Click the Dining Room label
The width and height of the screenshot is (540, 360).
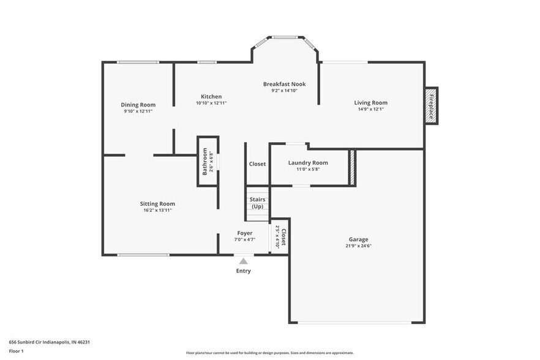click(x=138, y=105)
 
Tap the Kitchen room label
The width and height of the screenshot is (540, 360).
click(x=211, y=97)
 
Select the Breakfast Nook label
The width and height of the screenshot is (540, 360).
click(x=284, y=84)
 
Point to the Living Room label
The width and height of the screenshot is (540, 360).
click(x=370, y=103)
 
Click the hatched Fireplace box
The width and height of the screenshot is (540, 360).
click(x=431, y=106)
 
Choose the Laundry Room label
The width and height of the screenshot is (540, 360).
click(x=308, y=163)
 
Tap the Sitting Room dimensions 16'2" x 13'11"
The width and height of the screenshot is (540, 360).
click(x=157, y=210)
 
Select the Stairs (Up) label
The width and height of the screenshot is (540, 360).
click(x=257, y=203)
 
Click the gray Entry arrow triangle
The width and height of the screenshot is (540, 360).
click(x=243, y=261)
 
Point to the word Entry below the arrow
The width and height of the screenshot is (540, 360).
click(x=243, y=271)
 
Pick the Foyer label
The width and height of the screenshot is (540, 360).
click(x=245, y=233)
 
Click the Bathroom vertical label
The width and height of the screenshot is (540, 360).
click(x=205, y=162)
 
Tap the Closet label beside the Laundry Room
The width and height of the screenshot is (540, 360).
click(x=257, y=164)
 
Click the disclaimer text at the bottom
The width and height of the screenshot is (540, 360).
click(x=269, y=353)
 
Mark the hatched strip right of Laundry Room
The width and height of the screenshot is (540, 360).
click(x=352, y=167)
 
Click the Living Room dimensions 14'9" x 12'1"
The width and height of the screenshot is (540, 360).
click(x=370, y=110)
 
